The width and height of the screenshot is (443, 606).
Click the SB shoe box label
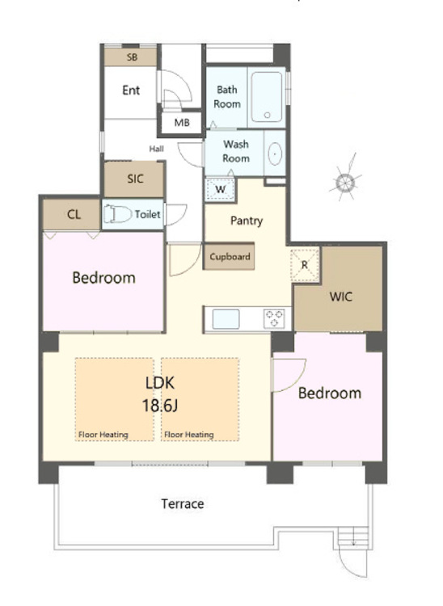pyautogui.click(x=132, y=57)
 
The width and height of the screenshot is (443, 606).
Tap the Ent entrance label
pyautogui.click(x=131, y=90)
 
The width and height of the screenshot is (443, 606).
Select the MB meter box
pyautogui.click(x=181, y=123)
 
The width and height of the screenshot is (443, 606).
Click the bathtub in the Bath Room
pyautogui.click(x=267, y=97)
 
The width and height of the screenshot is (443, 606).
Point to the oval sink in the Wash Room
pyautogui.click(x=275, y=154)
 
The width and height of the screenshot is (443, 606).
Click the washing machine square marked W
pyautogui.click(x=220, y=189)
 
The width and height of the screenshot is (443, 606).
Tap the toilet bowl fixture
pyautogui.click(x=116, y=214)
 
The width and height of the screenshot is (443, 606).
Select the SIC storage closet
pyautogui.click(x=134, y=179)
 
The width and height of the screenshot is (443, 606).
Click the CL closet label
pyautogui.click(x=74, y=214)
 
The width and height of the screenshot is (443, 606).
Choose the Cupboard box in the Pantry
pyautogui.click(x=229, y=256)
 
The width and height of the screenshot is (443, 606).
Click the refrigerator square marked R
pyautogui.click(x=305, y=265)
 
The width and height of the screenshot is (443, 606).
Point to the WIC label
pyautogui.click(x=340, y=297)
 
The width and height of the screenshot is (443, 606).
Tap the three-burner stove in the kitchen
pyautogui.click(x=275, y=318)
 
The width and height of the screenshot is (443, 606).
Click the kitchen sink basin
pyautogui.click(x=226, y=319)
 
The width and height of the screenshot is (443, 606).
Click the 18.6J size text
pyautogui.click(x=160, y=406)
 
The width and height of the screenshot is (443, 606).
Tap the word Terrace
pyautogui.click(x=183, y=504)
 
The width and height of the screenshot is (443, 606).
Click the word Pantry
pyautogui.click(x=247, y=221)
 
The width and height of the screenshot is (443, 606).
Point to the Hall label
pyautogui.click(x=157, y=149)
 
